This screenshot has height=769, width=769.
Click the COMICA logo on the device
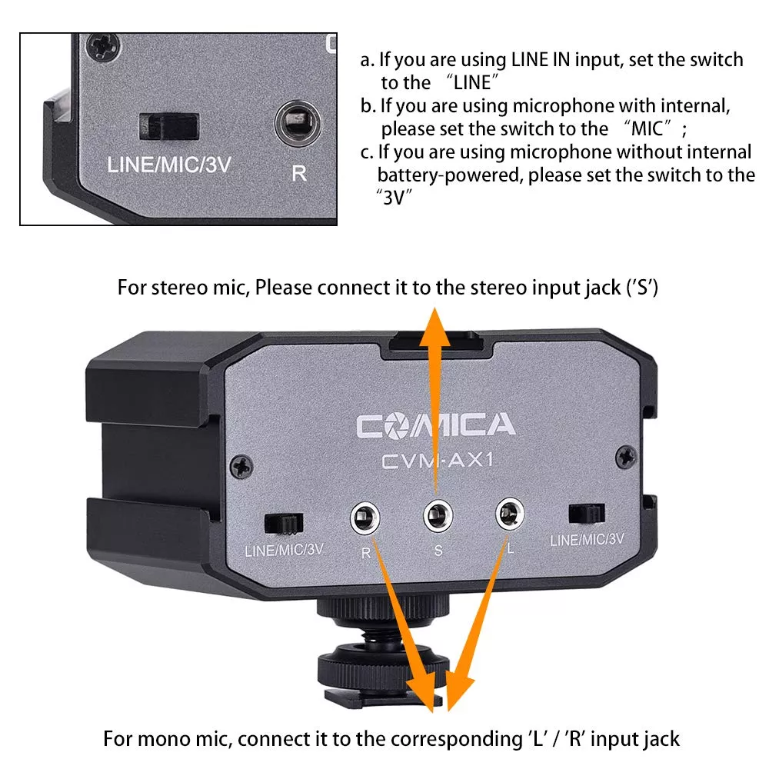pyautogui.click(x=435, y=425)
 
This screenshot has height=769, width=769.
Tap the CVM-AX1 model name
pyautogui.click(x=437, y=461)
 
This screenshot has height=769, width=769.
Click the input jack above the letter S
pyautogui.click(x=438, y=515)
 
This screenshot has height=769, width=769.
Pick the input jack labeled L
pyautogui.click(x=510, y=514)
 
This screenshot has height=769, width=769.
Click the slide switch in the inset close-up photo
pyautogui.click(x=168, y=126)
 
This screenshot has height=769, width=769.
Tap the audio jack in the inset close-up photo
pyautogui.click(x=298, y=122)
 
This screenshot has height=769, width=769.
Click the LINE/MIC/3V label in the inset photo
pyautogui.click(x=169, y=165)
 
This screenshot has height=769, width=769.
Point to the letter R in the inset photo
pyautogui.click(x=299, y=174)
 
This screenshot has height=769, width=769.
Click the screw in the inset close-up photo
pyautogui.click(x=103, y=48)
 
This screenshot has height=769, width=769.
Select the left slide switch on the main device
pyautogui.click(x=284, y=524)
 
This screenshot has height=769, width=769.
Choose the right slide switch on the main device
pyautogui.click(x=587, y=514)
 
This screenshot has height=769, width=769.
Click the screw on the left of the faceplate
pyautogui.click(x=241, y=467)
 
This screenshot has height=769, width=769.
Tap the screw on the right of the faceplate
pyautogui.click(x=626, y=458)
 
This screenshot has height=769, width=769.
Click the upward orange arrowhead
pyautogui.click(x=435, y=328)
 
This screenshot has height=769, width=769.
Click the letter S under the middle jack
pyautogui.click(x=438, y=551)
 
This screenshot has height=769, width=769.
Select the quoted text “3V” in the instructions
pyautogui.click(x=394, y=198)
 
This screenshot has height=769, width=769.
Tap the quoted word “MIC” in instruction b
pyautogui.click(x=647, y=128)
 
